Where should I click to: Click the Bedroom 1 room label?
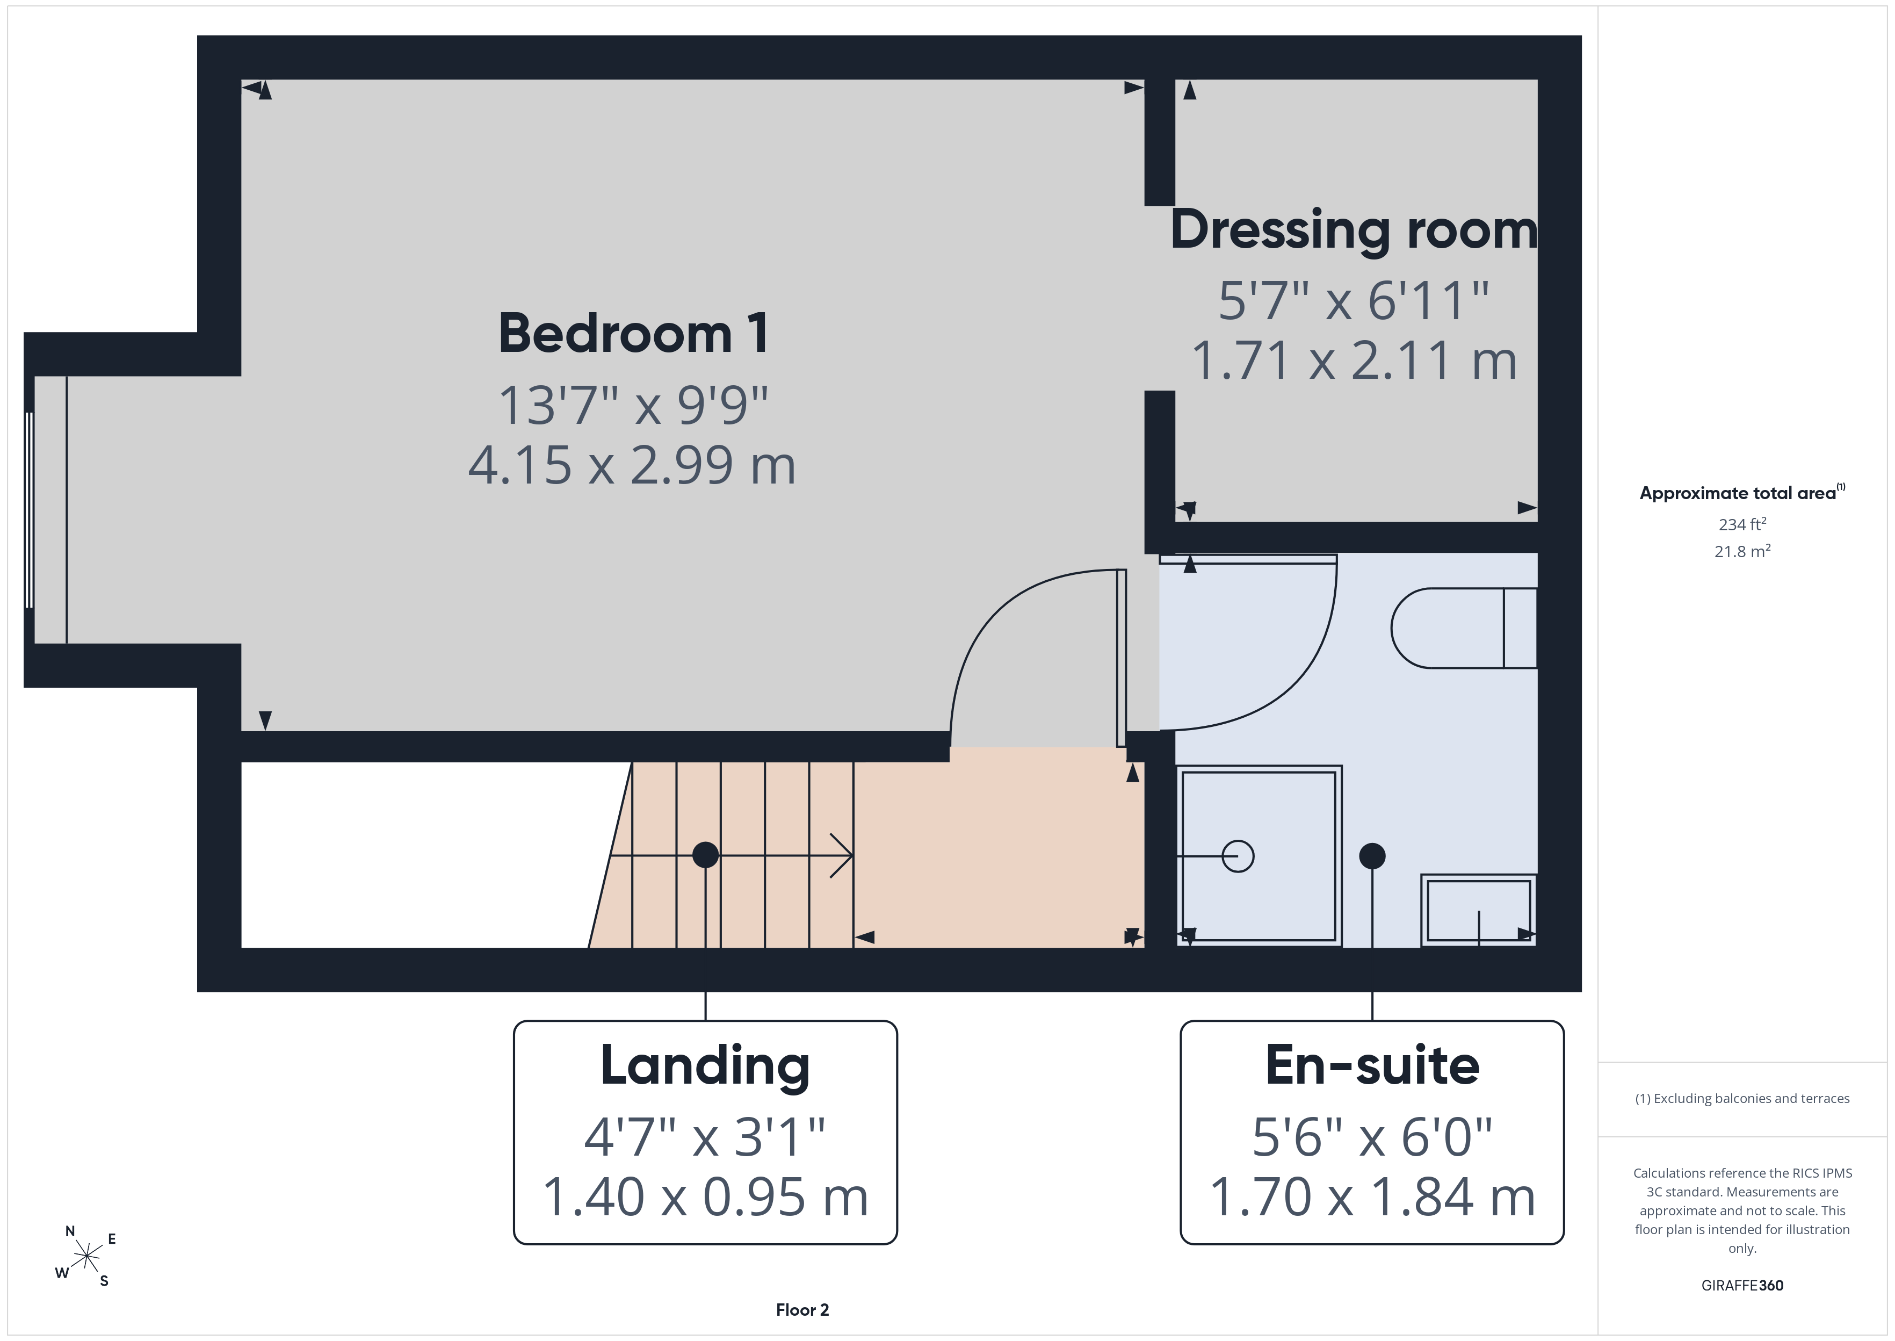633,334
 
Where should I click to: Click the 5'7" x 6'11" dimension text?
1354,300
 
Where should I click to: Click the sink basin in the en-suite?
1478,910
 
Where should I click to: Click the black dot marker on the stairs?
705,855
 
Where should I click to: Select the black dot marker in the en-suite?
1372,856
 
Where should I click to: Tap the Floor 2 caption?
802,1310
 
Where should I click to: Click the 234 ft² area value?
1742,524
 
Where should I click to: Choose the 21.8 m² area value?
1742,551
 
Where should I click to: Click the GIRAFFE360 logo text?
1742,1286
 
